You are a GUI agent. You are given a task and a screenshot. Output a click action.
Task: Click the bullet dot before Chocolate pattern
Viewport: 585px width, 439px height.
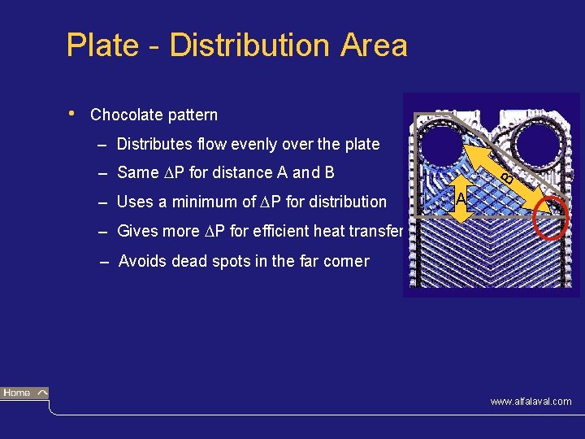(x=73, y=113)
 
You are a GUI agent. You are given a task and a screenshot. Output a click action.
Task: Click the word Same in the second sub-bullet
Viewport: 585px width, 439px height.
(x=138, y=172)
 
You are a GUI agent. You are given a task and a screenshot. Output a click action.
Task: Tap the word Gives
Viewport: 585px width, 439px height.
(x=139, y=231)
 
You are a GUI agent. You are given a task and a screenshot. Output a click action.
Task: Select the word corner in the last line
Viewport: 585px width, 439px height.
(x=345, y=261)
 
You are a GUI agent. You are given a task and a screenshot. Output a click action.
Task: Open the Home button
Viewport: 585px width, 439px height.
(x=24, y=393)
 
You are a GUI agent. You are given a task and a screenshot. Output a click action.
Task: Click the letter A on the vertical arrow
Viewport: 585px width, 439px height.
(x=461, y=199)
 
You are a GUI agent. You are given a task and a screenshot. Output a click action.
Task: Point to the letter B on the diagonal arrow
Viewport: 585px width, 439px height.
(x=506, y=176)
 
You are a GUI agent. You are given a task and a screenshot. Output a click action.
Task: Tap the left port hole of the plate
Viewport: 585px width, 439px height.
(x=444, y=148)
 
